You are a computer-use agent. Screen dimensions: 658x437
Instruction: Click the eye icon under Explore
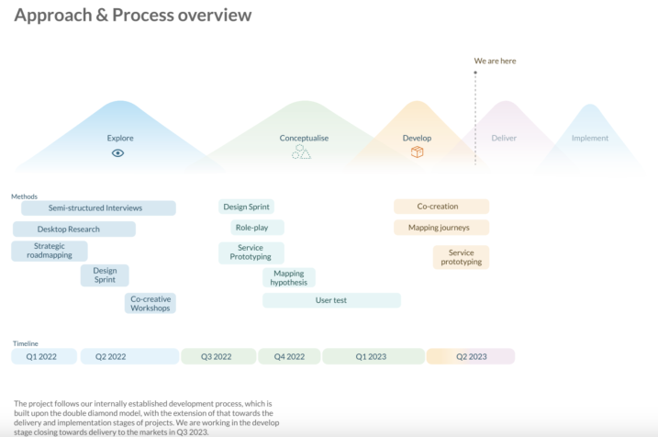point(117,153)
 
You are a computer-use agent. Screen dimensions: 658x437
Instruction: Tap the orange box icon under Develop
point(418,152)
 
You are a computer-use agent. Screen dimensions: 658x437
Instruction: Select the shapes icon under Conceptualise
point(301,152)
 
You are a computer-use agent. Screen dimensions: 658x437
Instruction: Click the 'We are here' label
point(496,61)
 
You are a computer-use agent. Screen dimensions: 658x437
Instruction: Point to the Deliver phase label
point(504,138)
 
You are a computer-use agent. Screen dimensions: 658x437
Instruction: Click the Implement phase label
point(589,138)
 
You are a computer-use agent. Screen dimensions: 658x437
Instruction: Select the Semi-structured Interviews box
point(98,208)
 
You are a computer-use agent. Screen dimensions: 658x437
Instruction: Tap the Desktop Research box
point(74,230)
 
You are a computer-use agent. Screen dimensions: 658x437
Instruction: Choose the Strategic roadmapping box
point(50,251)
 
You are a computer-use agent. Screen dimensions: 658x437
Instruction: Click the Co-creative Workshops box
point(151,304)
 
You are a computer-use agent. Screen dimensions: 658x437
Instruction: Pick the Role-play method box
point(257,228)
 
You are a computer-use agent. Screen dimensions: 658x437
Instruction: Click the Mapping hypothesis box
point(289,278)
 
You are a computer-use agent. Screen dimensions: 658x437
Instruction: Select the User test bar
point(331,300)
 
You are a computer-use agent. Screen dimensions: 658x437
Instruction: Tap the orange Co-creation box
point(441,207)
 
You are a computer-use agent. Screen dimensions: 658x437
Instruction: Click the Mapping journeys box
point(441,228)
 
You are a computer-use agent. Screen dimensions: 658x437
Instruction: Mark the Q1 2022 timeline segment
point(44,356)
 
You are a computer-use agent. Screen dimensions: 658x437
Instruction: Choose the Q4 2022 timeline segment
point(289,356)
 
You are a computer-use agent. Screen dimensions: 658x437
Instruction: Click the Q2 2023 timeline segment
point(471,356)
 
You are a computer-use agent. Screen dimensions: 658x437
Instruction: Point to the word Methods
point(25,196)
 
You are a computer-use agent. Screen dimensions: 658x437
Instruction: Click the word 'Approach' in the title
point(53,16)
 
